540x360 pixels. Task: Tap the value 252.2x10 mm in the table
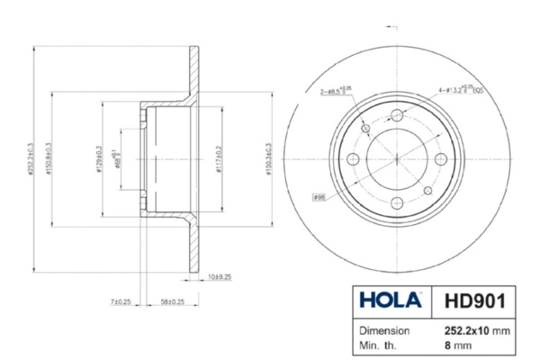(x=476, y=330)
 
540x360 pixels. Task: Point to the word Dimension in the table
(x=385, y=330)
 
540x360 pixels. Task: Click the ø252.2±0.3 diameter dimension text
(x=31, y=158)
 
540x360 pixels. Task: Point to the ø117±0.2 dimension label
(x=220, y=158)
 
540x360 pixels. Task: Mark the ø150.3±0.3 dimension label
(x=268, y=158)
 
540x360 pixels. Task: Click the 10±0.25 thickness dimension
(x=219, y=276)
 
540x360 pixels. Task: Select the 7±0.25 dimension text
(x=120, y=302)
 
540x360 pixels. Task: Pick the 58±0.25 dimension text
(x=172, y=302)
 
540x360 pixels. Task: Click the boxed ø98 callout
(x=319, y=197)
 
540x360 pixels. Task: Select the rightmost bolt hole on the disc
(x=442, y=159)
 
